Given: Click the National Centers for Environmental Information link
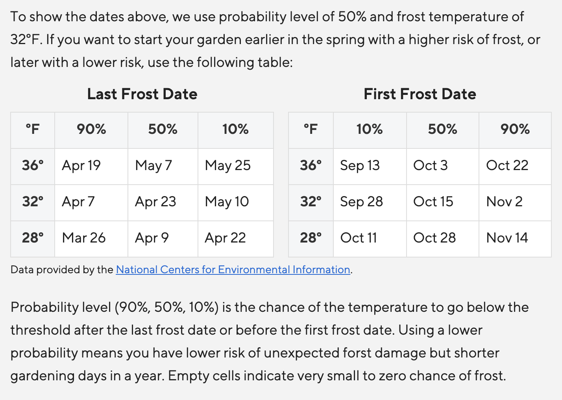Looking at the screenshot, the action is click(x=233, y=270).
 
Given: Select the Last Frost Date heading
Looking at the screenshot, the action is click(x=142, y=94).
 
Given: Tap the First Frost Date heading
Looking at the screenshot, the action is click(x=420, y=94).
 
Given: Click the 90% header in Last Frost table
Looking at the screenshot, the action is click(x=91, y=129).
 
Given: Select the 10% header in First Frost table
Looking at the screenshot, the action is click(x=370, y=129).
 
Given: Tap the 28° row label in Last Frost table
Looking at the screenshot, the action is click(x=33, y=238).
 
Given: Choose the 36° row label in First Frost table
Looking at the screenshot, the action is click(x=311, y=165).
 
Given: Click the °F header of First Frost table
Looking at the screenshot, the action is click(x=311, y=129).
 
